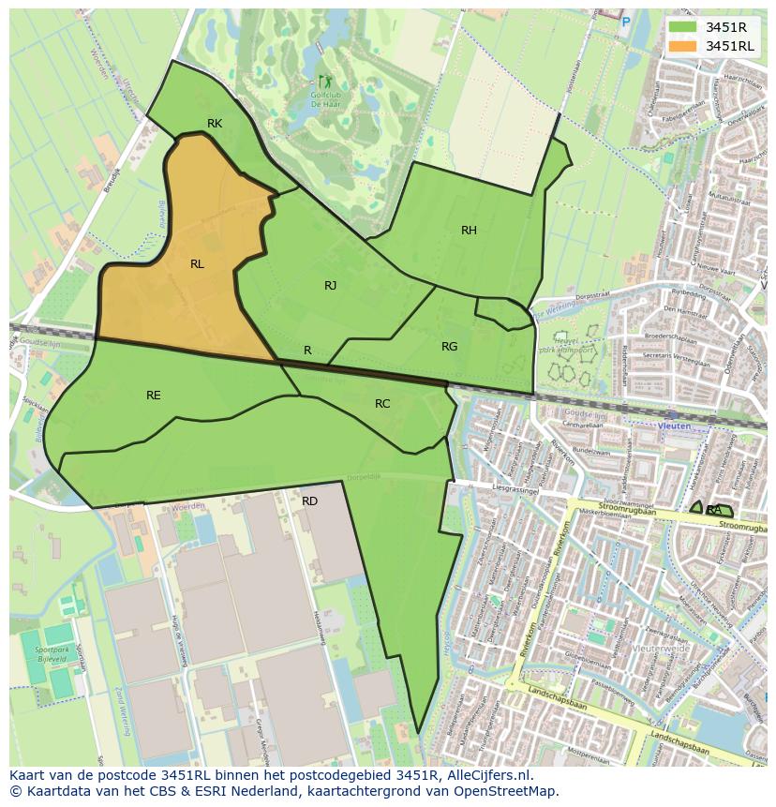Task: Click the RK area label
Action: (x=215, y=124)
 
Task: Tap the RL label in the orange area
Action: (x=197, y=264)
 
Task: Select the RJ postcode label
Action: (x=330, y=286)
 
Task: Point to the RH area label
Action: (x=469, y=231)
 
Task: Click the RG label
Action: (x=449, y=347)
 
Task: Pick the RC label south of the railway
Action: (x=382, y=404)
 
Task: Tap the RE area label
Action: (x=154, y=396)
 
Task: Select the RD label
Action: (x=309, y=501)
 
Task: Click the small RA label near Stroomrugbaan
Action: (x=714, y=510)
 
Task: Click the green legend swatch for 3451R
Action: (x=682, y=27)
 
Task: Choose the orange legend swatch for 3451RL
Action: (x=682, y=46)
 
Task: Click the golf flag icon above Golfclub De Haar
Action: (x=324, y=82)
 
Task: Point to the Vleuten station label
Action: (x=675, y=426)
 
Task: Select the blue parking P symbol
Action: (x=626, y=21)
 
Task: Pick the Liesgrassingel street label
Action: (x=517, y=487)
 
